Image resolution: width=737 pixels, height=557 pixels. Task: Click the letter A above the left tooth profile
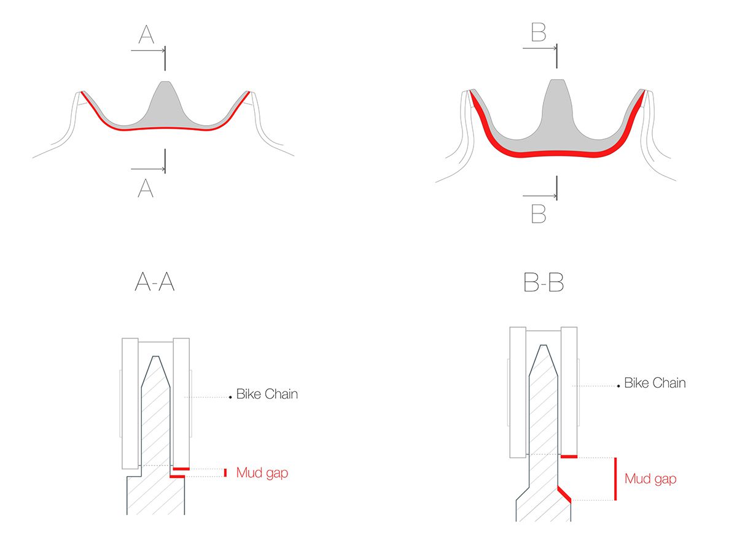[146, 34]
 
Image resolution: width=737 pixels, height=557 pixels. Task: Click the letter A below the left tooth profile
[146, 188]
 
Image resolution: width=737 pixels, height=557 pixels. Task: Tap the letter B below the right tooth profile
[538, 213]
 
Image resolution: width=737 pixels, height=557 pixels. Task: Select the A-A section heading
[154, 282]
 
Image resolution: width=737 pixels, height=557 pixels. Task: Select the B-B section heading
[544, 282]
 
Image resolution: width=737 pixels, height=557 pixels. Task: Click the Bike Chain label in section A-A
[267, 394]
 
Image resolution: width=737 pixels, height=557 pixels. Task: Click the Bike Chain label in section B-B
[655, 383]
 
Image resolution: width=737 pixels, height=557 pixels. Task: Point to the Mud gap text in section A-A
[262, 473]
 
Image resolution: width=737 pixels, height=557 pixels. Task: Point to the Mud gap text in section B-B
[650, 479]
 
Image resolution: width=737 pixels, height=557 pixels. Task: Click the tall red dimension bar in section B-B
[615, 479]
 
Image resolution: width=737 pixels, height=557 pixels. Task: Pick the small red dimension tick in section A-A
[225, 473]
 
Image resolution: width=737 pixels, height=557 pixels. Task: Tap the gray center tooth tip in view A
[165, 82]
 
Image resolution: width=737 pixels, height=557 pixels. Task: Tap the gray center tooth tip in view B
[557, 80]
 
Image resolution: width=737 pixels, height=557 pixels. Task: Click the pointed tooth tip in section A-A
[155, 356]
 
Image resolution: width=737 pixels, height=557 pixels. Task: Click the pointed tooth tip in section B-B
[544, 345]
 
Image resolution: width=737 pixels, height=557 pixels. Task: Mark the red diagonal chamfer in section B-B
[564, 494]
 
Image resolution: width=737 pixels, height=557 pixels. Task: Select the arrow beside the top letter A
[148, 51]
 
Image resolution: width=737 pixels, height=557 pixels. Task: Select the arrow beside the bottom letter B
[540, 196]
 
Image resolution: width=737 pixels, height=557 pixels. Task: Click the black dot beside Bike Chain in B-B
[618, 386]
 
